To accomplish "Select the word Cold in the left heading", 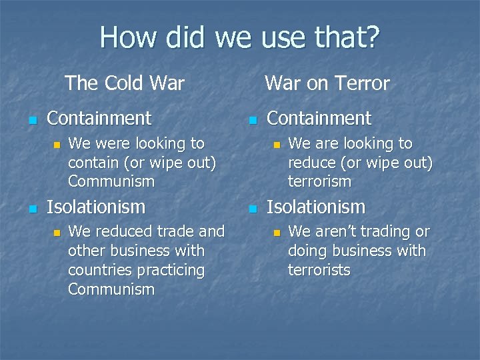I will (125, 83).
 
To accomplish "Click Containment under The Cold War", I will (99, 119).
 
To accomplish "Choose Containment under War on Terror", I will (319, 119).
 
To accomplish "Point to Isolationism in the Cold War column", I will (95, 207).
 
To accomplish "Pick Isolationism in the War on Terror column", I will (315, 207).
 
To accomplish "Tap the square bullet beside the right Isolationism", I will (251, 209).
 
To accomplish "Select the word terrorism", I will (319, 181).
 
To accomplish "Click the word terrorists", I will (319, 270).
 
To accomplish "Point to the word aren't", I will (337, 232).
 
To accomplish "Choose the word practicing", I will (169, 270).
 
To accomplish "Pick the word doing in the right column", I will (306, 251).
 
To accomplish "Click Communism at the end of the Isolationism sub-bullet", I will (111, 289).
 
